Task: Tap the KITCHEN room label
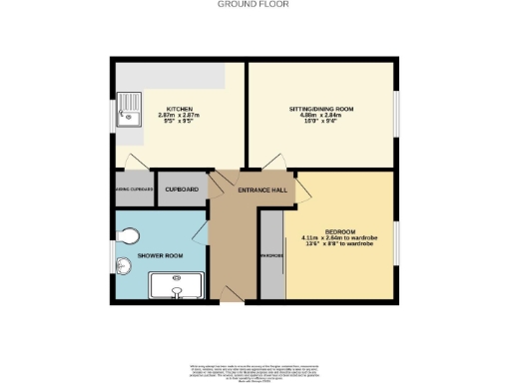(181, 109)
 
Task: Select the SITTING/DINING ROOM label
(320, 108)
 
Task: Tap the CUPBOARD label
(181, 189)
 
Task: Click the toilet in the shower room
(126, 235)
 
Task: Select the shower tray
(176, 288)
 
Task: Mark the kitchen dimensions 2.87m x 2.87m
(181, 117)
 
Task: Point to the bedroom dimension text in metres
(342, 238)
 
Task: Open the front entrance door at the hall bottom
(231, 290)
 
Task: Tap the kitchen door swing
(136, 161)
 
